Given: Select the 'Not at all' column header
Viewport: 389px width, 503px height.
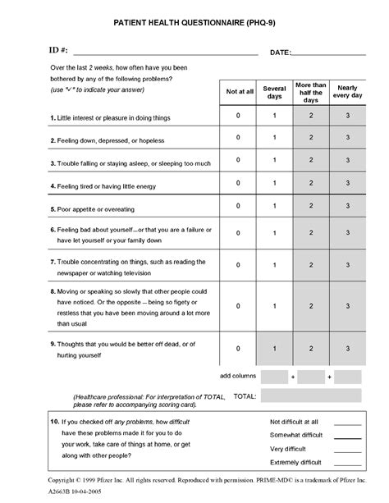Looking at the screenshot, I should (x=239, y=91).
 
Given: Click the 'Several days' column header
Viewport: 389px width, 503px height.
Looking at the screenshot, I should (x=275, y=91).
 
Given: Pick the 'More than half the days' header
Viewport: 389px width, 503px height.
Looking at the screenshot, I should (x=311, y=91).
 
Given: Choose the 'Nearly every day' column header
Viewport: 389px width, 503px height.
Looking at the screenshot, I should (x=348, y=91).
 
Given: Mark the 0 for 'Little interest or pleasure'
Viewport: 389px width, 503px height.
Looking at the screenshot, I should (x=239, y=116).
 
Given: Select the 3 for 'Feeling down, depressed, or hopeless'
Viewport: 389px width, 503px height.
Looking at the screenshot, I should (x=348, y=138).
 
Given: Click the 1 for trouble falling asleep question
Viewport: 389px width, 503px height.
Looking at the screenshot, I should (x=275, y=161).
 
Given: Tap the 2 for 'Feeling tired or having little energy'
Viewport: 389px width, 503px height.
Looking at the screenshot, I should (x=311, y=184).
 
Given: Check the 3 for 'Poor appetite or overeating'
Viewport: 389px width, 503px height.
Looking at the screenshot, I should (x=348, y=207).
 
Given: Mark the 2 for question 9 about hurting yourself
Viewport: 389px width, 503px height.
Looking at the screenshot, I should (x=311, y=349).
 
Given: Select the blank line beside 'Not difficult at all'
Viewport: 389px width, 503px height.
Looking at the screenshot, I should (x=347, y=423).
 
